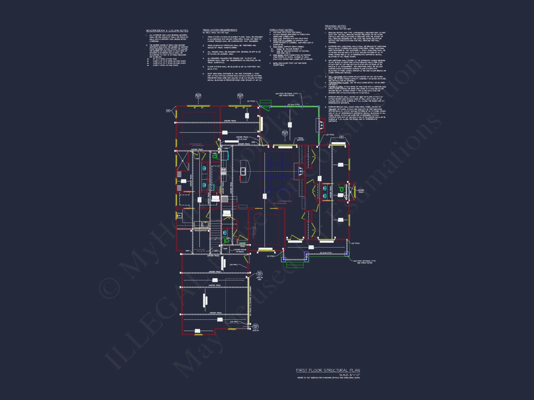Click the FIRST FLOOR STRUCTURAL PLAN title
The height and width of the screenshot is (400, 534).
coord(328,370)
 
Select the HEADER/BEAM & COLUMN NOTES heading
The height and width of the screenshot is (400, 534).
coord(167,31)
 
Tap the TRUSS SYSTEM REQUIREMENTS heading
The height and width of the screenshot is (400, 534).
coord(220,30)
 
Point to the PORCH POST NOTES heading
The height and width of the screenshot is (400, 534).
coord(281,30)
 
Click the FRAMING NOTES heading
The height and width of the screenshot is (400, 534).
coord(335,26)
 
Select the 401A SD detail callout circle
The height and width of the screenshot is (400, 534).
coord(256,326)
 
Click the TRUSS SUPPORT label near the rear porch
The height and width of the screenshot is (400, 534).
coord(300,139)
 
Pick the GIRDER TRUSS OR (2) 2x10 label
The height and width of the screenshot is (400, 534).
coord(242,138)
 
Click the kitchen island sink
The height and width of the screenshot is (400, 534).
coord(243,171)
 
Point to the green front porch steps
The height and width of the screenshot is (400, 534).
coord(295,265)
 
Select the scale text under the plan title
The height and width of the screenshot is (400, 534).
coord(349,375)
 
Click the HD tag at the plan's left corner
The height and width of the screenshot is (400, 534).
coord(168,111)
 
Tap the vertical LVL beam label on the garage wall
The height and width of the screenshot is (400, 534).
coord(250,301)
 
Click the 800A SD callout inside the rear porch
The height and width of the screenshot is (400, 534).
coord(285,133)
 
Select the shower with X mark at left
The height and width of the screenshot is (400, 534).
coord(183,161)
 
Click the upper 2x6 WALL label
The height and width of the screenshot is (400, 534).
coord(234,265)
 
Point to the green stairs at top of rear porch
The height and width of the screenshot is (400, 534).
coord(265,103)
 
